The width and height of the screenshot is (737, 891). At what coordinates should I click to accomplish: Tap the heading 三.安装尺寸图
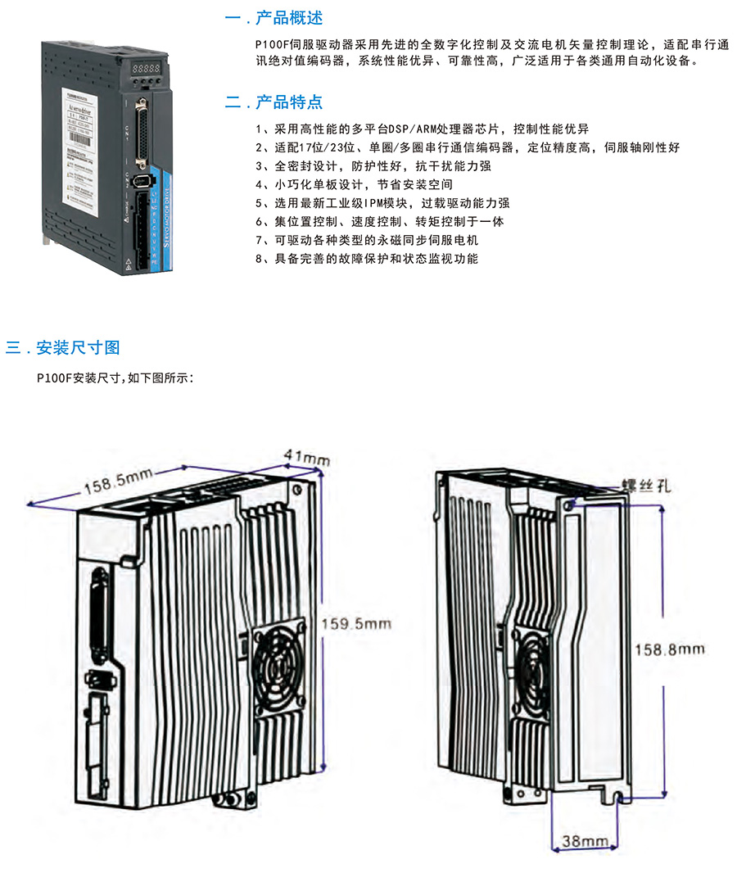63,347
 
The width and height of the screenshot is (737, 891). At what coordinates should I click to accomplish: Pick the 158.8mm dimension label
670,649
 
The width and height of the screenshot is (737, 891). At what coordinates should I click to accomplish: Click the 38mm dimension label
586,841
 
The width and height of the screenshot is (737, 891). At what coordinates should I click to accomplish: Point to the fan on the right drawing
536,666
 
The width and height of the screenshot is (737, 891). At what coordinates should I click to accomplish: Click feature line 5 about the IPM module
382,203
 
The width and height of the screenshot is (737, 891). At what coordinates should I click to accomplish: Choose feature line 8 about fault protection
367,259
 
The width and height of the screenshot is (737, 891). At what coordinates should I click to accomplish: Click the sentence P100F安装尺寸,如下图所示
115,378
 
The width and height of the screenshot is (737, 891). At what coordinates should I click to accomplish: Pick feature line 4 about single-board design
354,185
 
